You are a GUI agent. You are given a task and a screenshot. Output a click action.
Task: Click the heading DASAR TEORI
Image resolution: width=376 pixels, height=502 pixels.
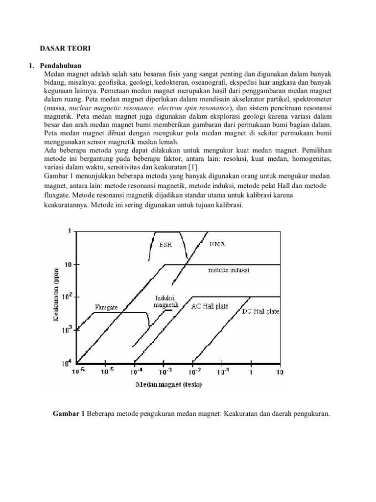(65, 49)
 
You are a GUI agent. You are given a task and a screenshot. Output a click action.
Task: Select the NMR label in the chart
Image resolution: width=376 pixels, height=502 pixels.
(217, 244)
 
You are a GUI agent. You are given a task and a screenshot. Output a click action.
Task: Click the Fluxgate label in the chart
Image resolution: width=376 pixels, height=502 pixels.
(106, 307)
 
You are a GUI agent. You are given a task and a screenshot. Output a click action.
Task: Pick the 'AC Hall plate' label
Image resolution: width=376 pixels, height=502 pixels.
(210, 305)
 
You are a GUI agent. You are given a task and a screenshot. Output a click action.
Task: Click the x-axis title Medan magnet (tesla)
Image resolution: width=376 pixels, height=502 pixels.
(169, 384)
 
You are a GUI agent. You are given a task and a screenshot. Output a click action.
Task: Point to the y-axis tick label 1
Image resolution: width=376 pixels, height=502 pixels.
(69, 231)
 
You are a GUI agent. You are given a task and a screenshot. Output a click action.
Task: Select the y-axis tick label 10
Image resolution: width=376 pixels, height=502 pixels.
(68, 264)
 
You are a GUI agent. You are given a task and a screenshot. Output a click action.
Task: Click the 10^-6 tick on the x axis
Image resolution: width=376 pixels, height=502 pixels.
(79, 372)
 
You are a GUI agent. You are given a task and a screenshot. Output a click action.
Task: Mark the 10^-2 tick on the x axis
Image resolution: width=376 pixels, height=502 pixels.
(192, 372)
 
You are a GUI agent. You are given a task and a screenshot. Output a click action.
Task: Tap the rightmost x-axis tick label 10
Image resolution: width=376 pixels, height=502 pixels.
(279, 372)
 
